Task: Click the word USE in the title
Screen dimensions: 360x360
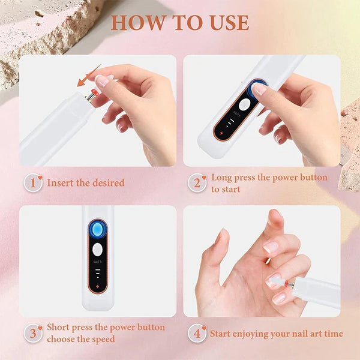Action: pos(229,23)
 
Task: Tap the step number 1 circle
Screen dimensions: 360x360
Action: pos(33,183)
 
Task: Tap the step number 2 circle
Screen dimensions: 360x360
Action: pos(197,183)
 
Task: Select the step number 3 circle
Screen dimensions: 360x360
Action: pos(33,333)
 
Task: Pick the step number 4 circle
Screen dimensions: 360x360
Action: pos(197,333)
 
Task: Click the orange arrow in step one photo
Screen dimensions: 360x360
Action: pos(89,76)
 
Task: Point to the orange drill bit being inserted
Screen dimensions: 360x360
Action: pos(95,93)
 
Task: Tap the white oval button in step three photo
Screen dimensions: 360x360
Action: pos(97,250)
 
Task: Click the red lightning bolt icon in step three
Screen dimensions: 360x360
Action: pos(98,287)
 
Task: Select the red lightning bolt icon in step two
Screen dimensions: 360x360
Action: pos(221,133)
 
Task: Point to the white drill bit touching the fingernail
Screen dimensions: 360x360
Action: pos(277,281)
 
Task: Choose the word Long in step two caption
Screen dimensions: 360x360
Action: pos(221,178)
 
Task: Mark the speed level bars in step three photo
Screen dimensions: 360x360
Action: pos(98,273)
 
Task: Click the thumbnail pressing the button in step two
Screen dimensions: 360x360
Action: pos(259,89)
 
